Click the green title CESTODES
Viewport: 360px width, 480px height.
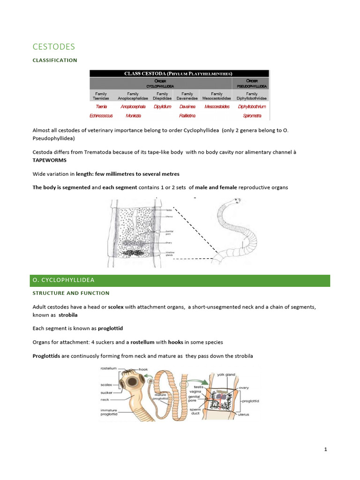[x=54, y=46]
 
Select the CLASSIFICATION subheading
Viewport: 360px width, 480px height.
[x=55, y=60]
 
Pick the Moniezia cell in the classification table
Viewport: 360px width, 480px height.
[x=133, y=115]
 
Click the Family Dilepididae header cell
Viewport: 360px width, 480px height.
[x=160, y=96]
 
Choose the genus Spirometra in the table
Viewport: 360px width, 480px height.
[x=252, y=115]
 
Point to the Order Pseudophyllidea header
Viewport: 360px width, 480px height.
[x=252, y=83]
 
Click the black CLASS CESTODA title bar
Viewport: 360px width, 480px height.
[x=180, y=74]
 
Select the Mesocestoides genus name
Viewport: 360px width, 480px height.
[x=217, y=106]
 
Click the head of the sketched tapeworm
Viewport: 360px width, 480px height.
[x=237, y=202]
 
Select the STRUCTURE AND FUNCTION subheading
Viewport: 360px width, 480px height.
[x=71, y=293]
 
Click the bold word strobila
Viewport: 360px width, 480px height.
[x=67, y=315]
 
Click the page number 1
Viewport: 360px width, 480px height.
[x=325, y=450]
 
